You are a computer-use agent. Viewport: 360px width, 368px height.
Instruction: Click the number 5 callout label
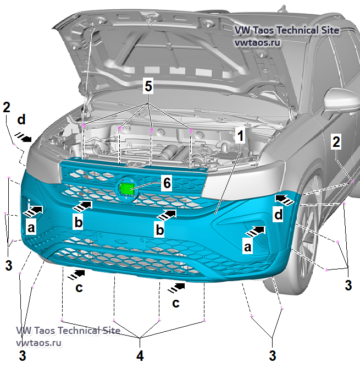point(148,86)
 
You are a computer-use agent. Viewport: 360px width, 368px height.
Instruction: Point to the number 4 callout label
point(140,355)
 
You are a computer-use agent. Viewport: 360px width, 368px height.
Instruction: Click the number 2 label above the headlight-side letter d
point(7,107)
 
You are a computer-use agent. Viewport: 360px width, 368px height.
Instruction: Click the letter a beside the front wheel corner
point(247,247)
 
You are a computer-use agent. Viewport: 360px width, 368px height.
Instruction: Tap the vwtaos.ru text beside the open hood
point(258,42)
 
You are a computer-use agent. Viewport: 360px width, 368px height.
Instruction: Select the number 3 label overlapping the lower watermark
point(22,355)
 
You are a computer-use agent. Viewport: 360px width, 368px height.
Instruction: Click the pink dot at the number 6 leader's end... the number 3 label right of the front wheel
point(348,285)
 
